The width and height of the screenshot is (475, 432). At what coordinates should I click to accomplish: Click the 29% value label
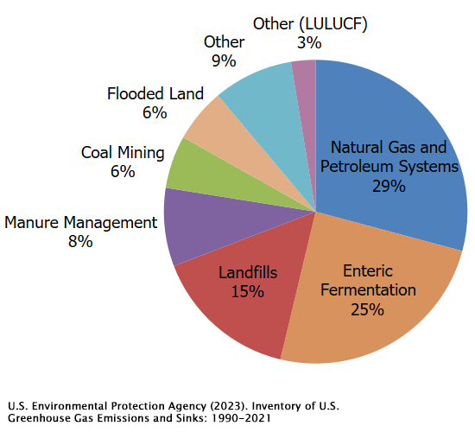[x=389, y=186]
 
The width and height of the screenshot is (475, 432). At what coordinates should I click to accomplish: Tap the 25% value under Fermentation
[x=367, y=309]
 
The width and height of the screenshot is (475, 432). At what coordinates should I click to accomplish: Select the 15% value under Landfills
[x=248, y=291]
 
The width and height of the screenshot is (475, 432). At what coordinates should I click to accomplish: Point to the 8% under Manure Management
[x=80, y=242]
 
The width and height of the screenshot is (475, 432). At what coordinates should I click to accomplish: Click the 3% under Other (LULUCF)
[x=309, y=42]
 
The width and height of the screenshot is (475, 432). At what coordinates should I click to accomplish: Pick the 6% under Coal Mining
[x=123, y=172]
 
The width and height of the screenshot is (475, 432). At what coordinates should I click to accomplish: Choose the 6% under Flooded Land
[x=155, y=113]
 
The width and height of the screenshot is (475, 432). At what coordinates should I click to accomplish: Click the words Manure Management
[x=80, y=223]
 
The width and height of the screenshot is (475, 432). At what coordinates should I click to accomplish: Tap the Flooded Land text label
[x=155, y=93]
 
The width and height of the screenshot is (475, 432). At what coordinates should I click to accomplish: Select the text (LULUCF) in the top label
[x=333, y=24]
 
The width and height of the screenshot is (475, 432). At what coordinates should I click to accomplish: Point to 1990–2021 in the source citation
[x=241, y=418]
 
